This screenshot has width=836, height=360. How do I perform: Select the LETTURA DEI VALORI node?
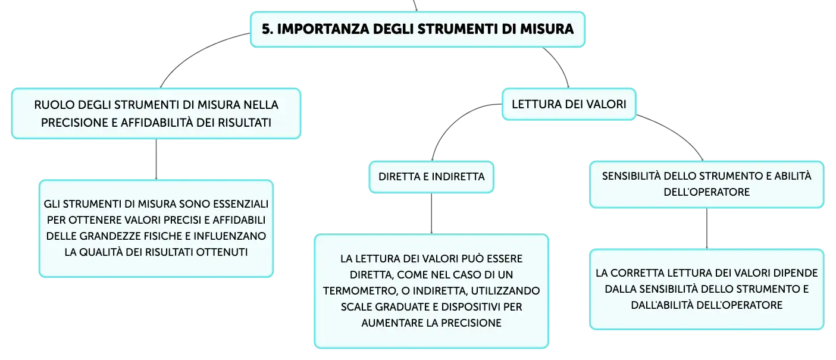coord(569,104)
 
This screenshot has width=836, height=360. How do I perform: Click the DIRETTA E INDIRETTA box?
coord(431,177)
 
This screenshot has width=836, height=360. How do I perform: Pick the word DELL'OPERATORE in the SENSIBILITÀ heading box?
coord(706,192)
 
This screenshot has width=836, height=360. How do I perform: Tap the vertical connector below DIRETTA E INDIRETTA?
coord(431,214)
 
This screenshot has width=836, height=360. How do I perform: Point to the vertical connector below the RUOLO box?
coord(156,159)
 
